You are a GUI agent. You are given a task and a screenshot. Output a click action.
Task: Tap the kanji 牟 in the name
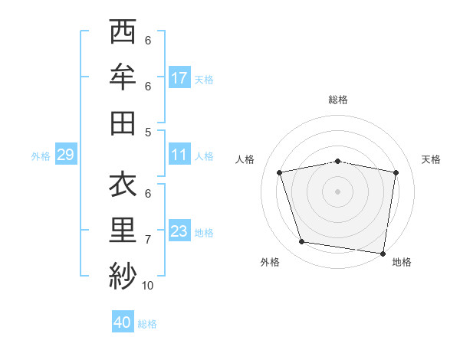point(123,77)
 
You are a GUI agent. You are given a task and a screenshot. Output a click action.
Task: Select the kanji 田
point(123,123)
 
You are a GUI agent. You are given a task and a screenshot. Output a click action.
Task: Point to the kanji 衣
point(123,185)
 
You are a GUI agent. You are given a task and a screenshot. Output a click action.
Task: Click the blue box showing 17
point(179,77)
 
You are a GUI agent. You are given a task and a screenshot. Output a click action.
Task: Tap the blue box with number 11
point(179,155)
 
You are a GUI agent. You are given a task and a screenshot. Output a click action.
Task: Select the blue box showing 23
point(179,231)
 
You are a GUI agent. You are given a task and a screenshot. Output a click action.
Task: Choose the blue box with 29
point(65,155)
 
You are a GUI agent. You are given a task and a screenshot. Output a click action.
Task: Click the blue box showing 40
point(122,322)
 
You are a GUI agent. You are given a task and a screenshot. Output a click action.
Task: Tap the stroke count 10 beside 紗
point(147,286)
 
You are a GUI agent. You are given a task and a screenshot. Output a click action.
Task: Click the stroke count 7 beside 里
point(148,240)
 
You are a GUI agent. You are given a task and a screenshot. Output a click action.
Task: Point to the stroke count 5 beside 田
point(148,132)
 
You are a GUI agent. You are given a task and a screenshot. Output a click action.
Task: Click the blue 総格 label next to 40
point(147,324)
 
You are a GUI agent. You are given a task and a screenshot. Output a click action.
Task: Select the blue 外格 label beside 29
point(41,156)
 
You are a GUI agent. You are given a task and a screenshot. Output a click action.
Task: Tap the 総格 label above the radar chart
point(338,100)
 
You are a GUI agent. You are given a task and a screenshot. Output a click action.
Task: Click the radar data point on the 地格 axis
point(383,253)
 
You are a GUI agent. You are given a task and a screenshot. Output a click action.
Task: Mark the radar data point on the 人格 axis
point(280,172)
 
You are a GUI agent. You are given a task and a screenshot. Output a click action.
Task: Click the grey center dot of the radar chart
point(338,191)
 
